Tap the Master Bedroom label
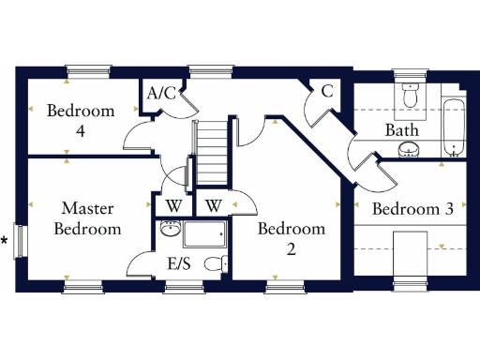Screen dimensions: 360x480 point(87,217)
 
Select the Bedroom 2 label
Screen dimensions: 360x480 point(292,238)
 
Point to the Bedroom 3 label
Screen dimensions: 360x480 point(412,209)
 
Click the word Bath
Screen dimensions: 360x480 point(402,130)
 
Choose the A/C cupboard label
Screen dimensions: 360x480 point(162,93)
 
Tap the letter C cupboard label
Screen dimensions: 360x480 point(327,91)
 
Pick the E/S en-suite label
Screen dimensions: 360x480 point(178,263)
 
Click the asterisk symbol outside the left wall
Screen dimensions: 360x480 point(5,242)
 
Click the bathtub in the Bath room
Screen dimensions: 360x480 point(453,128)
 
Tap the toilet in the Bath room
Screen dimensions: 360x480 point(409,95)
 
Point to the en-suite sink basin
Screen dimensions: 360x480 point(170,230)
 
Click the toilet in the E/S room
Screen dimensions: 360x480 point(215,264)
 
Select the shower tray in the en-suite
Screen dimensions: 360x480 point(203,238)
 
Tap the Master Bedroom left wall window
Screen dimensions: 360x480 point(21,241)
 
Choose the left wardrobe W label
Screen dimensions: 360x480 point(173,205)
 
